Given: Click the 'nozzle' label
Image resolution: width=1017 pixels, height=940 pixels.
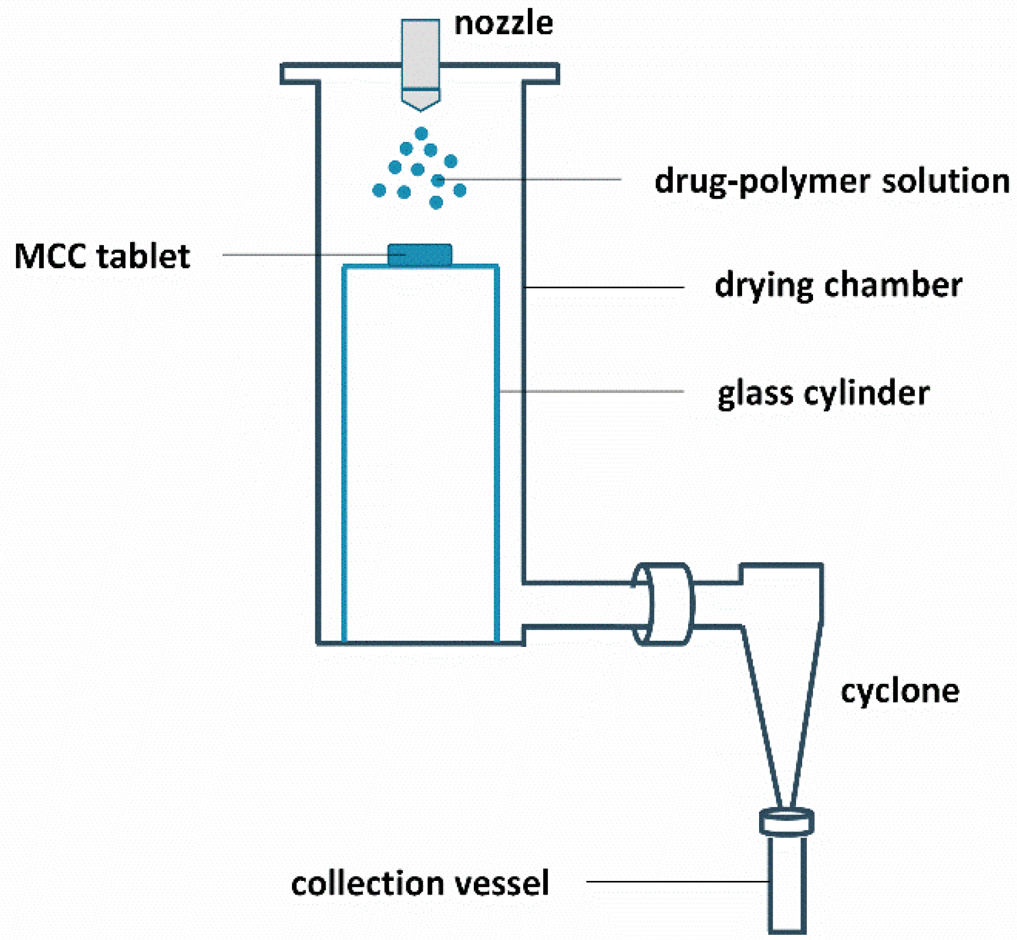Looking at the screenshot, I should tap(503, 24).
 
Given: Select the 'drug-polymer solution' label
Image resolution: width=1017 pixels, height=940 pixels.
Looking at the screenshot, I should tap(832, 182).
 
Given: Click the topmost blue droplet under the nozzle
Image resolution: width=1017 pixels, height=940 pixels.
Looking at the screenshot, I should tap(421, 133).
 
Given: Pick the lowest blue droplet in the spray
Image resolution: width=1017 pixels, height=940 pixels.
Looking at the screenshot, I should tap(436, 202).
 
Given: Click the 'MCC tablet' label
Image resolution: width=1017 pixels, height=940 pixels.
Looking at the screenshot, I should tap(102, 256).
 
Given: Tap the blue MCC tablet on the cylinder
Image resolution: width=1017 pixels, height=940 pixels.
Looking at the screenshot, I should tap(420, 255).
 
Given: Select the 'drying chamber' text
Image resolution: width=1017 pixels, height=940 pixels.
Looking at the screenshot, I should tap(838, 285).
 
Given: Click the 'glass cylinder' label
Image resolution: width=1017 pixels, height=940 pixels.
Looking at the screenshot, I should tap(823, 393).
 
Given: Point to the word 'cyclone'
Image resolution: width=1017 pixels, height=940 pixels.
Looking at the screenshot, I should tap(899, 691).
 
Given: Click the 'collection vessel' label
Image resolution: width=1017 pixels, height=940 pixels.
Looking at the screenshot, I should tap(420, 884).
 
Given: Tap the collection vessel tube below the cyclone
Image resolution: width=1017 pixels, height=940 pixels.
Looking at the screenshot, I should tap(787, 883).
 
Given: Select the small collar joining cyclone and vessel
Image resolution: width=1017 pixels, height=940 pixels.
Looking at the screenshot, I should tap(787, 821).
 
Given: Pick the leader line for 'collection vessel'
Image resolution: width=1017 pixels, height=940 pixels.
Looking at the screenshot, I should tap(676, 881).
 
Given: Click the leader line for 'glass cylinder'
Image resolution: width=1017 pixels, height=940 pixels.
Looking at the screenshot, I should tap(591, 391).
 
